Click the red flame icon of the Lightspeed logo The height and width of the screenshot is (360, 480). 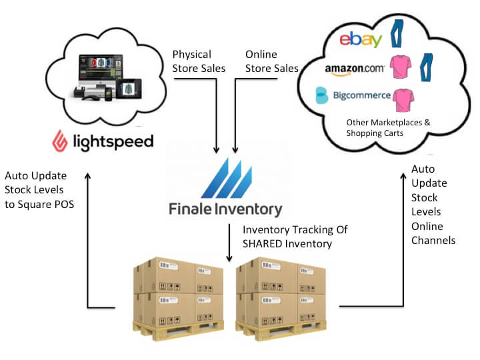coord(62,141)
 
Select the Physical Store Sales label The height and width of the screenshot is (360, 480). coord(199,61)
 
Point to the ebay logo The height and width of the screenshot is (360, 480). coord(360,39)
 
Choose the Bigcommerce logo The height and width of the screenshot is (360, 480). coord(353,95)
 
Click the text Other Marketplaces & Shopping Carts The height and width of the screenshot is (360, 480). coord(379,128)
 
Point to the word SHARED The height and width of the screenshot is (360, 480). coord(269,243)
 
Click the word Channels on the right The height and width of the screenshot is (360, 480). coord(433,239)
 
